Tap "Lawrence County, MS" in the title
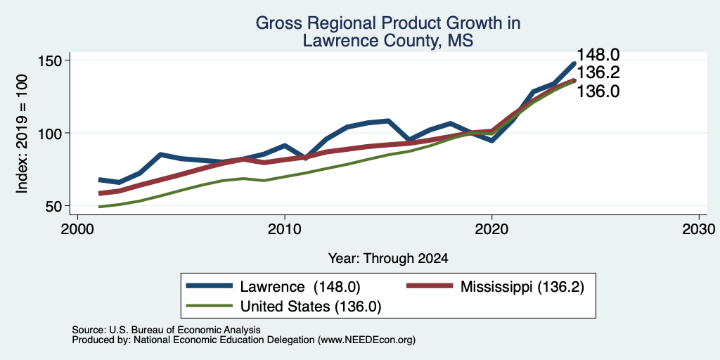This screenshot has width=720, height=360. pyautogui.click(x=387, y=41)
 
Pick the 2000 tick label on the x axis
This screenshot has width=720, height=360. pyautogui.click(x=77, y=229)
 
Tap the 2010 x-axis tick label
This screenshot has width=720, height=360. pyautogui.click(x=285, y=229)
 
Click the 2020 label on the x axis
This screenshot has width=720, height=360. pyautogui.click(x=491, y=229)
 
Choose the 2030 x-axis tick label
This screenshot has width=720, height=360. pyautogui.click(x=699, y=229)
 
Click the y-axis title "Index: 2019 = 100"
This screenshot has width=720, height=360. pyautogui.click(x=22, y=134)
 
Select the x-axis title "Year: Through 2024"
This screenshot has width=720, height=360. pyautogui.click(x=388, y=259)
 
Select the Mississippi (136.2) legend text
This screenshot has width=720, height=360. pyautogui.click(x=522, y=287)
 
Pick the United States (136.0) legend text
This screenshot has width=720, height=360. pyautogui.click(x=311, y=307)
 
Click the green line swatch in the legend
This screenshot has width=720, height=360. pyautogui.click(x=209, y=306)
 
